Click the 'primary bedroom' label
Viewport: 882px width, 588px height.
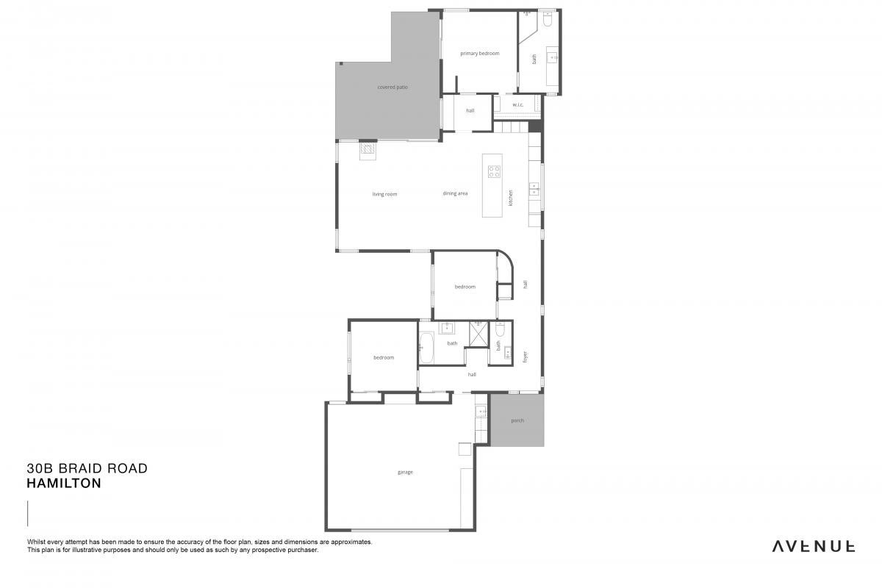click(x=479, y=53)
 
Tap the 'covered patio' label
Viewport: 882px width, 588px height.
click(x=392, y=87)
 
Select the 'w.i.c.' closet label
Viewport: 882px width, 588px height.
click(x=517, y=104)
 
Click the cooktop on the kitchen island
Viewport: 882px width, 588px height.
click(x=494, y=171)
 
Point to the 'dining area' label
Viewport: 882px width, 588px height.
click(x=455, y=193)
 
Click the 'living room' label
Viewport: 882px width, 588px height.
click(x=384, y=194)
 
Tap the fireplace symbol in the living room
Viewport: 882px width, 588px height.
click(x=367, y=151)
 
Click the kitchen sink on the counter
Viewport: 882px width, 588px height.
click(x=534, y=189)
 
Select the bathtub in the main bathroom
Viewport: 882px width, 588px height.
click(x=426, y=348)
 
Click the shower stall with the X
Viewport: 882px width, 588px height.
click(x=478, y=334)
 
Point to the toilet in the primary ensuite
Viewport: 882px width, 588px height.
click(x=548, y=19)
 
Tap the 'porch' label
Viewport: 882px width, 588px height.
click(x=517, y=420)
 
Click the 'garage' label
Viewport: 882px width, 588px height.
click(x=405, y=472)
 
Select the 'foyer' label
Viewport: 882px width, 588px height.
click(x=525, y=356)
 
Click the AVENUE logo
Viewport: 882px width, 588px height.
click(x=813, y=546)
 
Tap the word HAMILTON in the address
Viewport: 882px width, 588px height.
click(x=64, y=483)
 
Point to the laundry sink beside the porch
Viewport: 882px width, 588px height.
click(x=481, y=412)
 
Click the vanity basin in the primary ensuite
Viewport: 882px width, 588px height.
click(x=553, y=57)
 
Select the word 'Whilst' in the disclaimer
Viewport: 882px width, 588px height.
click(x=36, y=542)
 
